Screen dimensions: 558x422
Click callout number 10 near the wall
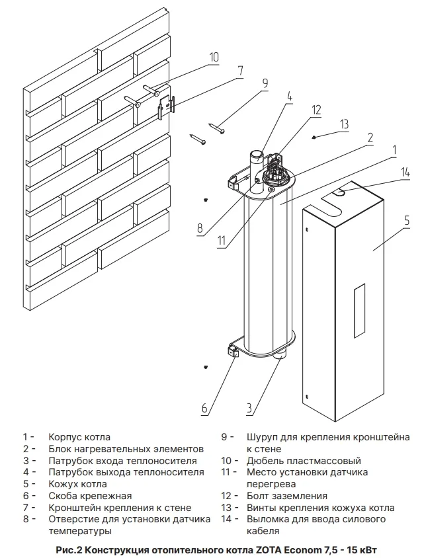pos(213,58)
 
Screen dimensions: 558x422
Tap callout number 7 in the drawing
pos(240,71)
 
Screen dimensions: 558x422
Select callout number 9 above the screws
pos(264,84)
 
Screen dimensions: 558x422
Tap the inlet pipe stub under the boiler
pos(283,358)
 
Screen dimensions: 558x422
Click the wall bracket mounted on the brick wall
pos(166,106)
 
